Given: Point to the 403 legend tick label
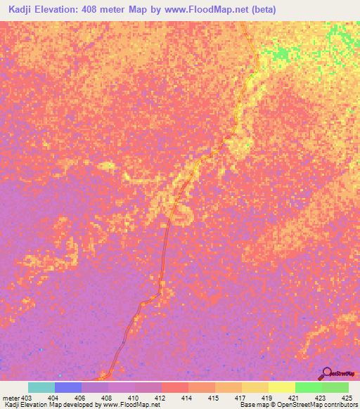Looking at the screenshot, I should point(27,398).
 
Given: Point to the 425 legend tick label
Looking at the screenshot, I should point(347,398).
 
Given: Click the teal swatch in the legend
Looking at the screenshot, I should point(41,387).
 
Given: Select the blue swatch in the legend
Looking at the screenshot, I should point(67,387).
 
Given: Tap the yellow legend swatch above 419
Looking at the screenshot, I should point(281,387).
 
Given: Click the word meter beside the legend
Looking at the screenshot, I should point(11,398).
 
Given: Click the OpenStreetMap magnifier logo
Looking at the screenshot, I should point(326,372).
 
